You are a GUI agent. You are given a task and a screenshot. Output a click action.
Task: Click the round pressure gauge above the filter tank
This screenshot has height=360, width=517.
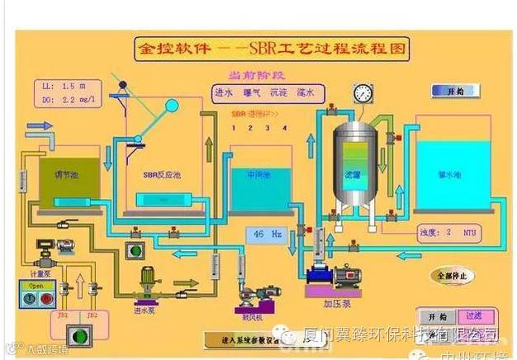pyautogui.click(x=361, y=93)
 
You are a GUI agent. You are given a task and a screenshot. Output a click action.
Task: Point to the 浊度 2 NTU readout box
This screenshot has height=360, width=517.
pyautogui.click(x=447, y=232)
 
